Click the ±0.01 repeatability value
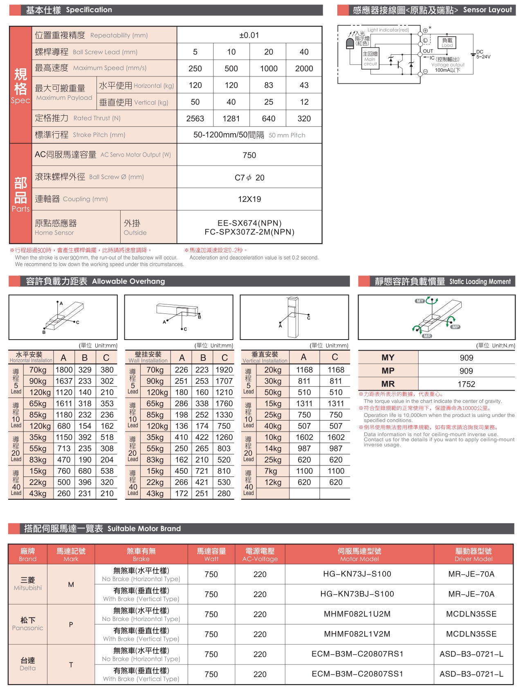(249, 35)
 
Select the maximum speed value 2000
(304, 69)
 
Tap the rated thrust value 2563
(195, 119)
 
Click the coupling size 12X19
(249, 199)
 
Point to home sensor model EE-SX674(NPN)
(249, 223)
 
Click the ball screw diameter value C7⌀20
(249, 177)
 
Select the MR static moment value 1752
(466, 384)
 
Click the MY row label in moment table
(388, 358)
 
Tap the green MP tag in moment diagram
(455, 327)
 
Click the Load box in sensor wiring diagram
(447, 43)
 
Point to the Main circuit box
(370, 58)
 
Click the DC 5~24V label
(482, 54)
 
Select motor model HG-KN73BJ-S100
(357, 594)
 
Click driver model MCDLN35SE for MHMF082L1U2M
(471, 614)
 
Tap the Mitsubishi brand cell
(28, 584)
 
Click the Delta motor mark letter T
(71, 664)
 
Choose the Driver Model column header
(473, 555)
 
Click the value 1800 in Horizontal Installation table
(64, 370)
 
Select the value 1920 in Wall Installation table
(224, 370)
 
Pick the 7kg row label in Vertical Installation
(271, 471)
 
